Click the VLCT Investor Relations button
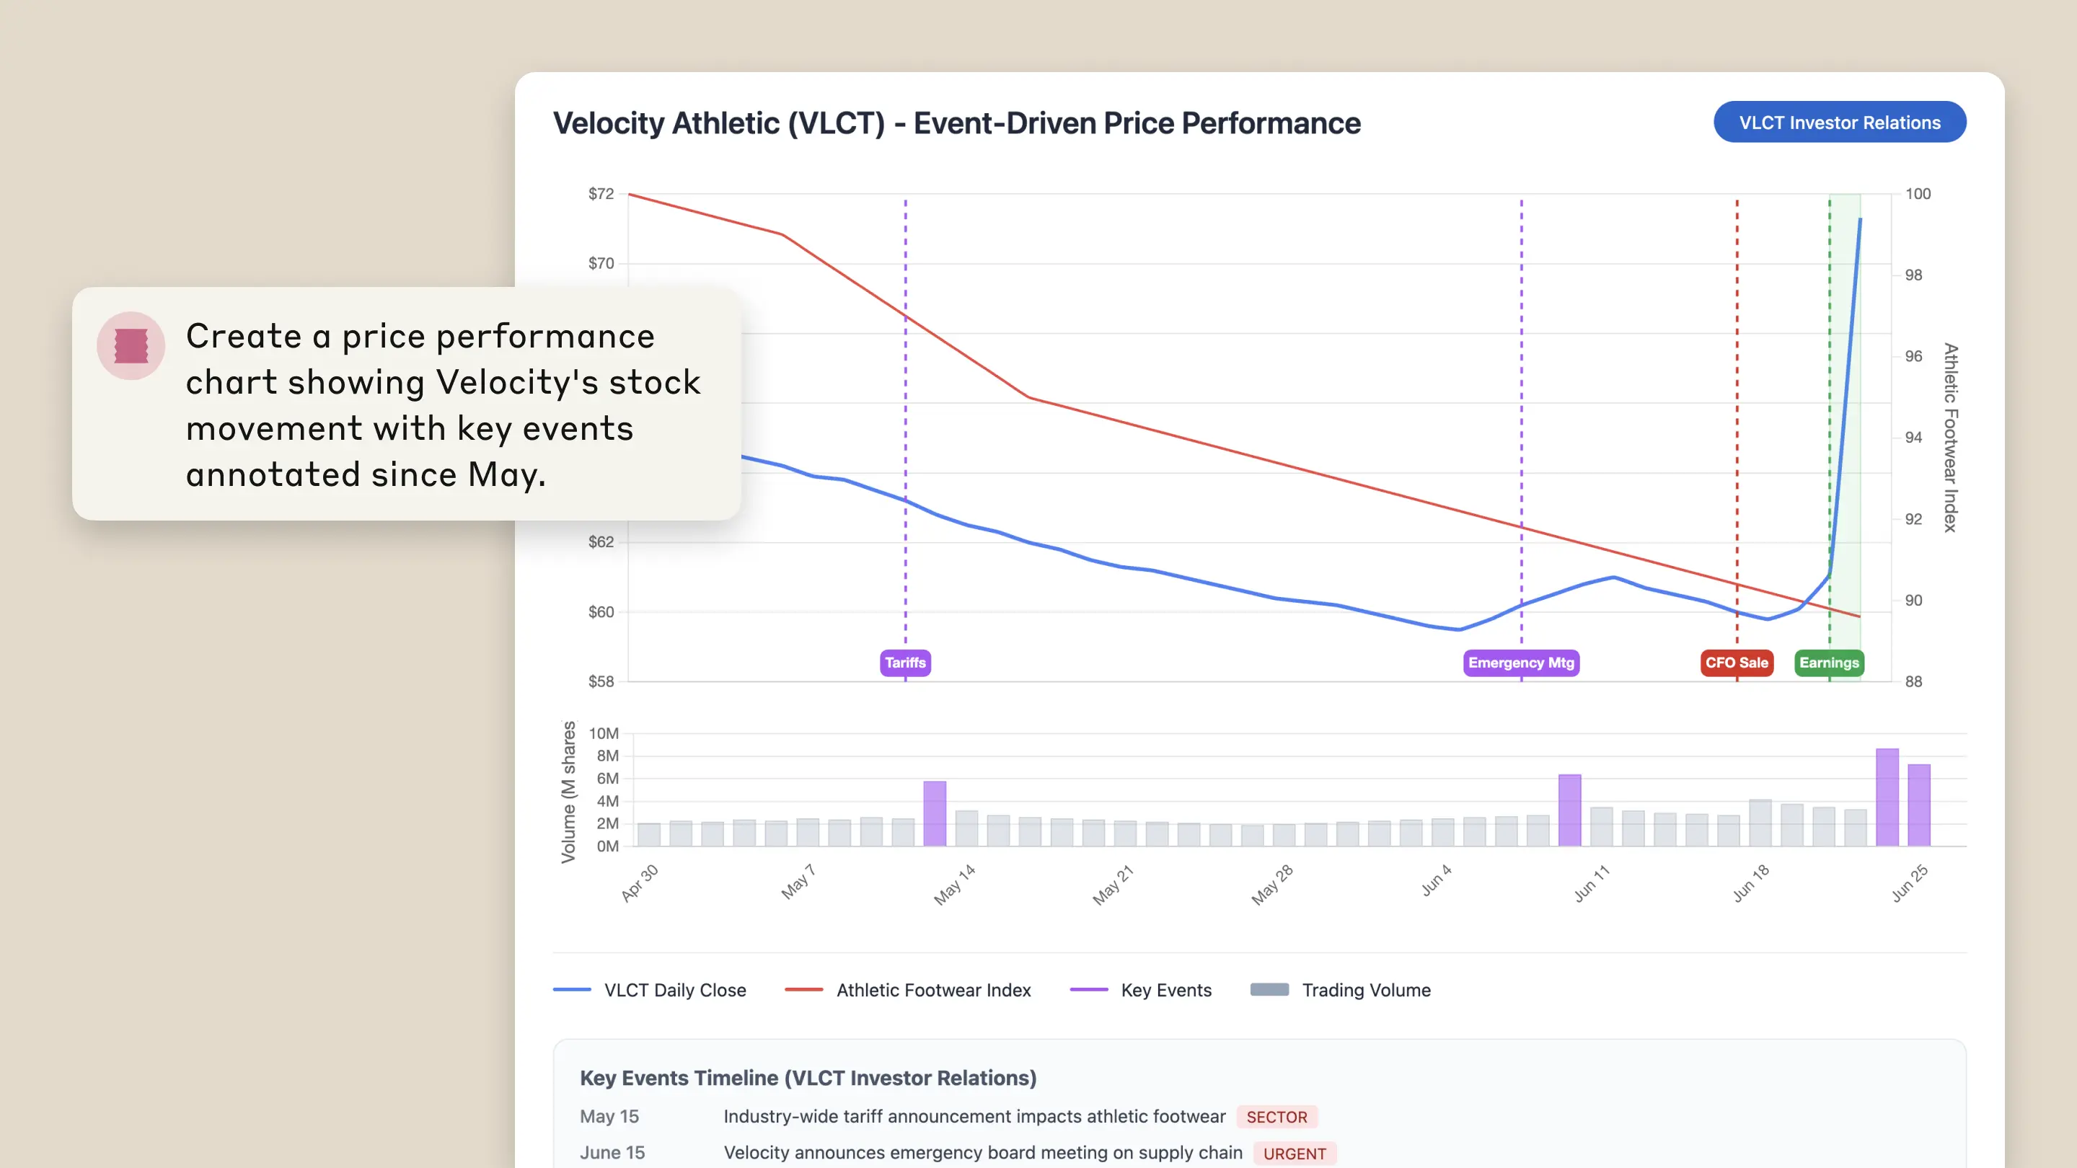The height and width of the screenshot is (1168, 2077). click(x=1839, y=123)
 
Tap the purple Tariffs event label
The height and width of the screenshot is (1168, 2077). click(x=904, y=663)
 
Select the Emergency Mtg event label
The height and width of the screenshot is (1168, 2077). click(x=1521, y=663)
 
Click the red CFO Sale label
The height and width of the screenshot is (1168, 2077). click(x=1736, y=663)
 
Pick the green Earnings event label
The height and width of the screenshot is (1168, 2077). click(x=1829, y=663)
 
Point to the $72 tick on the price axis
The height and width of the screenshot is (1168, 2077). click(x=601, y=193)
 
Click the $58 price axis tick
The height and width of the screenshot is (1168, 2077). click(x=601, y=681)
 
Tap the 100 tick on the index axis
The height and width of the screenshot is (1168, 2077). click(x=1918, y=193)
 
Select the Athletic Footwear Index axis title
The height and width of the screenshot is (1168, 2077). click(x=1949, y=438)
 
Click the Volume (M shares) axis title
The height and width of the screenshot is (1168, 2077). click(x=568, y=792)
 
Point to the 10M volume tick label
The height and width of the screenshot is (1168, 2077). click(x=603, y=733)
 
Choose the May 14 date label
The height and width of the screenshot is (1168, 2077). click(x=955, y=883)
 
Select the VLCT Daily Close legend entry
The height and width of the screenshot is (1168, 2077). click(x=650, y=990)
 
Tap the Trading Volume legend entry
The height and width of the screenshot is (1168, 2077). click(x=1340, y=990)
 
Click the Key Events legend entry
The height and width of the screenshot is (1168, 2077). click(x=1140, y=990)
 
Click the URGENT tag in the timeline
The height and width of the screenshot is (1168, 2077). click(x=1294, y=1153)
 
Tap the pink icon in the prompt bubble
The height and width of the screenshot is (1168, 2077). click(x=131, y=346)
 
